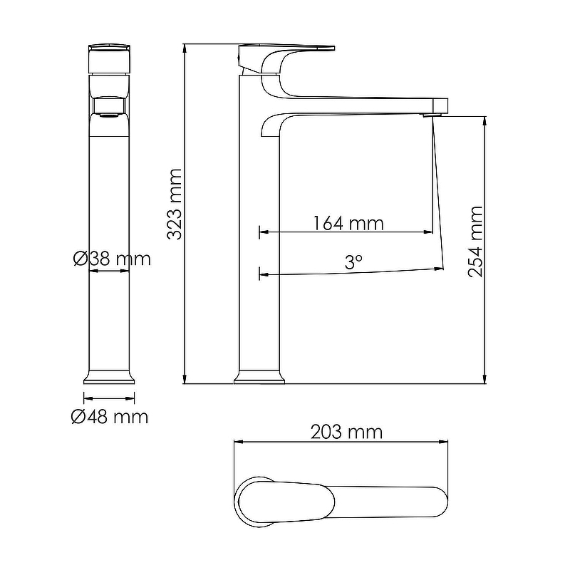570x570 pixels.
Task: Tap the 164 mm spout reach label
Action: point(348,223)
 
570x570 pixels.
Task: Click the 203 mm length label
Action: point(346,432)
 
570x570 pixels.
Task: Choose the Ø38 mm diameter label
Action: point(112,259)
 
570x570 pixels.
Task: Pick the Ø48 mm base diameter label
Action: point(110,417)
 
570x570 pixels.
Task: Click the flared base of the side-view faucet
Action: point(259,377)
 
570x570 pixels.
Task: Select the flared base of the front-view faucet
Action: point(109,377)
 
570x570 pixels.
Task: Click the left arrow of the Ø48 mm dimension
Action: point(85,399)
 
